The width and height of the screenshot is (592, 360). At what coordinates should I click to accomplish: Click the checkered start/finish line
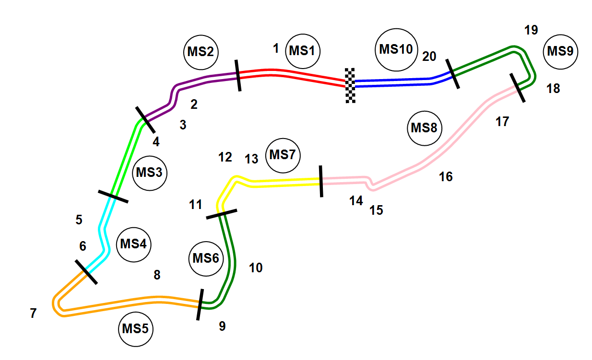(x=350, y=85)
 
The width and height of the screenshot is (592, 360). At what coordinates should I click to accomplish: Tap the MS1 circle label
(x=302, y=50)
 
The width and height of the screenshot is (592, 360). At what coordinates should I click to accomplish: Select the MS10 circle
(x=396, y=49)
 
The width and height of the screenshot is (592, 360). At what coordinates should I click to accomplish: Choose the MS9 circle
(x=560, y=52)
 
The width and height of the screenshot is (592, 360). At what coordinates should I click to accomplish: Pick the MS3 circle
(x=149, y=173)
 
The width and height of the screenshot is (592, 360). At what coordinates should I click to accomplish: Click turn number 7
(x=33, y=314)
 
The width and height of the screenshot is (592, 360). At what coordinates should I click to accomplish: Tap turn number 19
(x=531, y=30)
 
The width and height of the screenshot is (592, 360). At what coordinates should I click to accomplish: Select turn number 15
(x=377, y=210)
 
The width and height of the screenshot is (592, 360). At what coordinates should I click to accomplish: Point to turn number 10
(x=256, y=267)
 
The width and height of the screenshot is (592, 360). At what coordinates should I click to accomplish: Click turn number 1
(x=276, y=48)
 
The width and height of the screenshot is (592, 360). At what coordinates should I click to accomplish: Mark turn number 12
(x=225, y=157)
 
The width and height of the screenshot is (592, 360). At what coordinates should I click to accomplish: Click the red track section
(x=293, y=74)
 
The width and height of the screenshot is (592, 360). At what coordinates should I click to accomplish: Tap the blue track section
(x=393, y=83)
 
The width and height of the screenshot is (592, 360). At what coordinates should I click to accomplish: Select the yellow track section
(x=278, y=182)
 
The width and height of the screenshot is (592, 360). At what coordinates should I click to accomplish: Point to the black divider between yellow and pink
(x=320, y=181)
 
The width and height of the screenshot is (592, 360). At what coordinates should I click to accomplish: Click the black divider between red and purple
(x=237, y=75)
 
